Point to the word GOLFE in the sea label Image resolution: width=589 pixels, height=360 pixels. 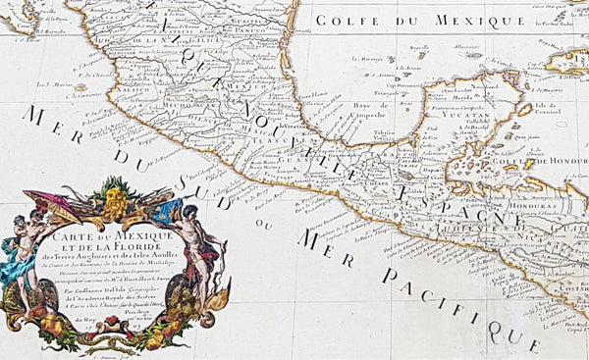(x=345, y=19)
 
